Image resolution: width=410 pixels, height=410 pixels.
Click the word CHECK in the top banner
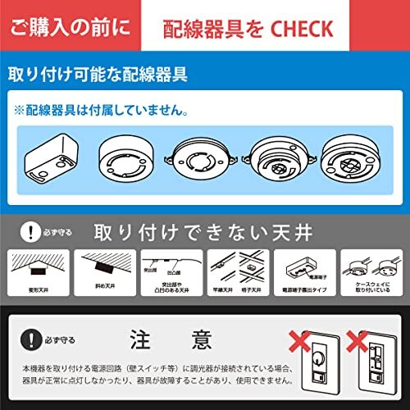point(301,30)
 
